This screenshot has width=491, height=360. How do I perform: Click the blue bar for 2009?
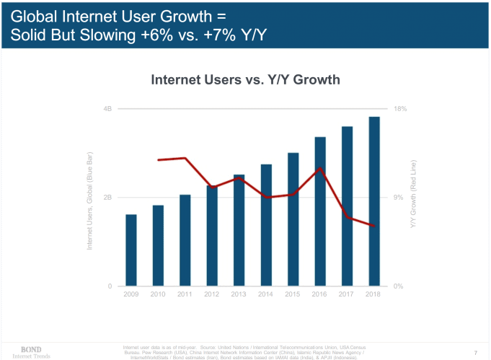tap(131, 250)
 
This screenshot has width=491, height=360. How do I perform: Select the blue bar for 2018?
tap(374, 201)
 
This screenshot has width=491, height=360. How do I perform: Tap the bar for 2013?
tap(239, 230)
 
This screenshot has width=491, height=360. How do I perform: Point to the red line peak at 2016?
tap(320, 168)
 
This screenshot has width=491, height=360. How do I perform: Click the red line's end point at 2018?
tap(374, 226)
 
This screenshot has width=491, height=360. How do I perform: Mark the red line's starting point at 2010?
tap(158, 160)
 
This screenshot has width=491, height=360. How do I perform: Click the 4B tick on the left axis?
tap(107, 109)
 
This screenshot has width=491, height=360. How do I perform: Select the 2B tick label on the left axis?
tap(107, 198)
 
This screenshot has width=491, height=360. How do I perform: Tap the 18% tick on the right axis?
tap(401, 109)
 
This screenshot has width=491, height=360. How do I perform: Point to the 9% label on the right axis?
tap(399, 198)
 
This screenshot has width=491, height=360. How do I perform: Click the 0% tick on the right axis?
tap(399, 286)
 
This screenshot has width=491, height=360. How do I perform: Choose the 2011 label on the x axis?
tap(185, 294)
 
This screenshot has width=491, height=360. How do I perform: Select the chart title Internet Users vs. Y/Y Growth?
tap(245, 79)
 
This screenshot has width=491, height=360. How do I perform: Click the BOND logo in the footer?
tap(30, 349)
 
